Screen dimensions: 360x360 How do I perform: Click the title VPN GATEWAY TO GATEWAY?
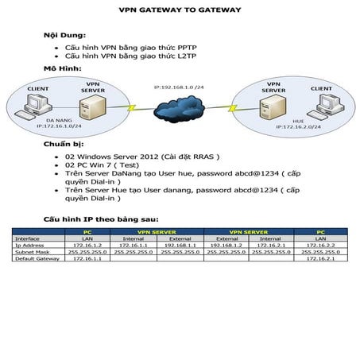(180, 11)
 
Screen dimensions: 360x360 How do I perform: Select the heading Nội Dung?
(61, 36)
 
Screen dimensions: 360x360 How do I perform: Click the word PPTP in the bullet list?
(141, 48)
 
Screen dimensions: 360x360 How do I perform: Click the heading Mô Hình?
(60, 69)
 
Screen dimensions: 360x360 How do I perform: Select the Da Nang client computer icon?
(37, 103)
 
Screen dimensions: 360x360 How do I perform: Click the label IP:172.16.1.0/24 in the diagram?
(59, 126)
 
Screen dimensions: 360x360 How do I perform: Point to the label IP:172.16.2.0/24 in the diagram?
(299, 126)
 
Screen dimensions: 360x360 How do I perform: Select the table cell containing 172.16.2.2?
(321, 246)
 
